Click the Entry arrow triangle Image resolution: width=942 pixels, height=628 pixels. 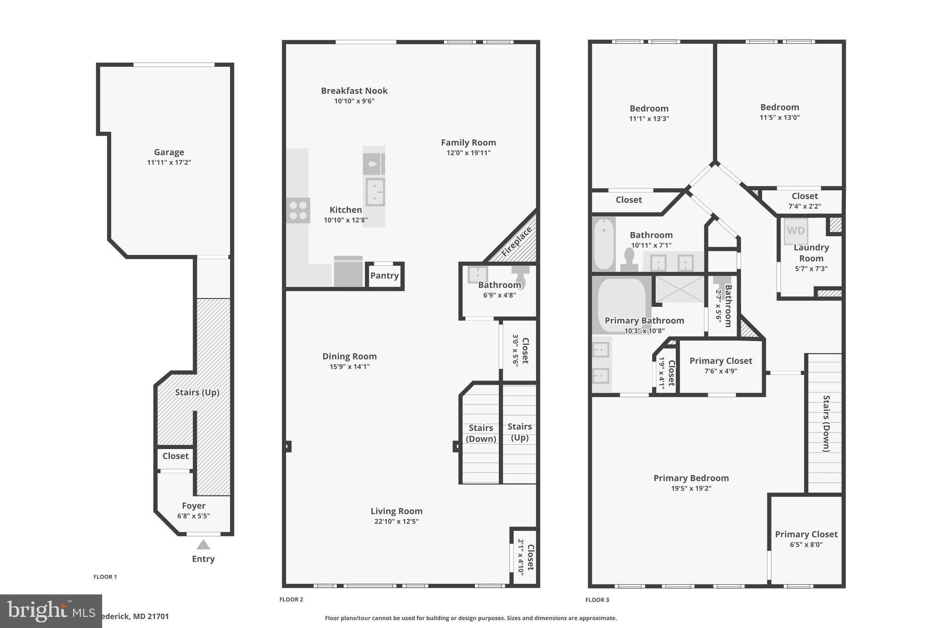click(x=203, y=545)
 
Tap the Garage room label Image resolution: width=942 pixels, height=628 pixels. click(x=169, y=152)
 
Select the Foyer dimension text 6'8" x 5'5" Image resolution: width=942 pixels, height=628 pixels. click(x=194, y=516)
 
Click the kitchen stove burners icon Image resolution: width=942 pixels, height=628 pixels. click(x=298, y=210)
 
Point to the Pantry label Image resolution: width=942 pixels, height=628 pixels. click(x=384, y=276)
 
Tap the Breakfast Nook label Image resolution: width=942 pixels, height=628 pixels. click(x=354, y=91)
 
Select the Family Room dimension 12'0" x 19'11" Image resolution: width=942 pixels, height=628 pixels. click(x=468, y=153)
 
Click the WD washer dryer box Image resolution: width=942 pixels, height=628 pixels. click(x=796, y=230)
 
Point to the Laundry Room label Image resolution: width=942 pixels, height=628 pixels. click(x=811, y=253)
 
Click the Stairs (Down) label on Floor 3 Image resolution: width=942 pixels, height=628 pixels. click(x=826, y=423)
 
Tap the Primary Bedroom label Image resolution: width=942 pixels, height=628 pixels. click(x=691, y=478)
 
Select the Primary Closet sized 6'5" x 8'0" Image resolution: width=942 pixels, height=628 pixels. click(x=806, y=539)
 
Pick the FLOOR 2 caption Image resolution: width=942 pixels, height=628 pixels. click(x=291, y=599)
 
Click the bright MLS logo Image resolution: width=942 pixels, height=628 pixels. click(x=51, y=611)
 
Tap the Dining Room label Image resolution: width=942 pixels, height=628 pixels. click(x=349, y=356)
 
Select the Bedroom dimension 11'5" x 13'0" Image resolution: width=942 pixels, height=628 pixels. click(x=779, y=117)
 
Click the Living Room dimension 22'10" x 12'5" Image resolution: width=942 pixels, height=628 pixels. click(x=396, y=521)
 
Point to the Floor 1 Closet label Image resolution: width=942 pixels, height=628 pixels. click(x=175, y=456)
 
